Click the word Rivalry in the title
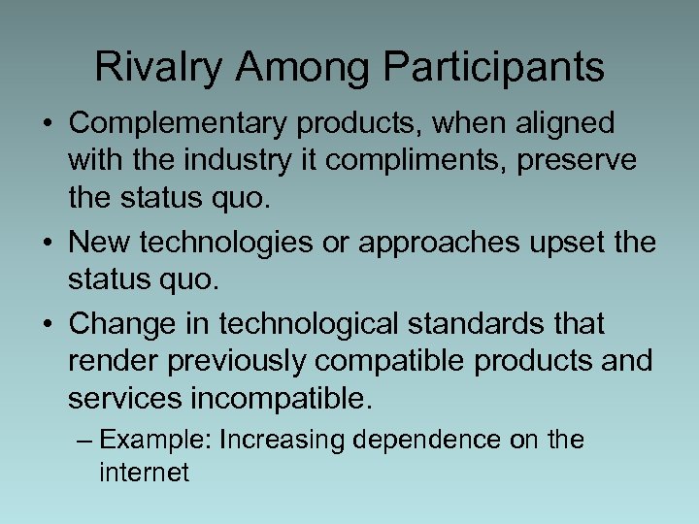point(160,67)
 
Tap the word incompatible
point(280,398)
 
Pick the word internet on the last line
point(144,473)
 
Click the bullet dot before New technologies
point(47,243)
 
